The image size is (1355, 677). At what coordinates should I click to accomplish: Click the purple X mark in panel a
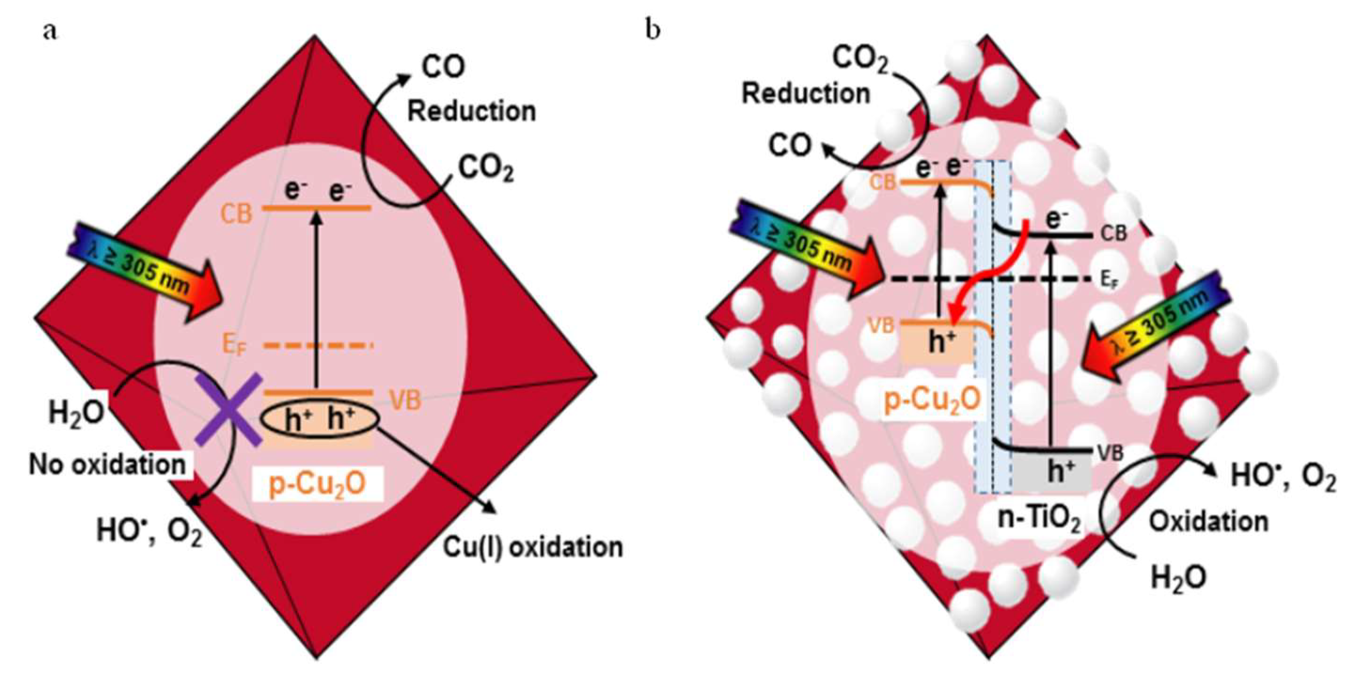coord(229,410)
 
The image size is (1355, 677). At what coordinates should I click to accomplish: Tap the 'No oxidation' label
coord(108,465)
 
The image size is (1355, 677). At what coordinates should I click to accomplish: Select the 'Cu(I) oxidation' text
coord(533,547)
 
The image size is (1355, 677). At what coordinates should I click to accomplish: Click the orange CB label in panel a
coord(236,213)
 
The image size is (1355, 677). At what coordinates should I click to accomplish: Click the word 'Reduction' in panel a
coord(472,111)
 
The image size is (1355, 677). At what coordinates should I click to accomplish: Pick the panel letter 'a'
coord(50,31)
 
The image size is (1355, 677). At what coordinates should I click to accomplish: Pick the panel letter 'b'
coord(653,31)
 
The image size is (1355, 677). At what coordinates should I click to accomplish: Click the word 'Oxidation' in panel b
coord(1208,521)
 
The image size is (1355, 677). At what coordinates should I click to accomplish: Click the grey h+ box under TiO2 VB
coord(1052,473)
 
